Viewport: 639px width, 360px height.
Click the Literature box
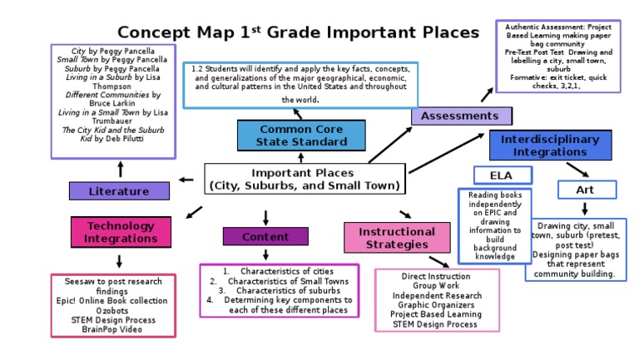pyautogui.click(x=119, y=191)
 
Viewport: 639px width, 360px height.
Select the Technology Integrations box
pyautogui.click(x=121, y=232)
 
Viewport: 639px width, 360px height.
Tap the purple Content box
pyautogui.click(x=265, y=237)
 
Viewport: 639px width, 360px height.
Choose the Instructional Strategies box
pyautogui.click(x=396, y=238)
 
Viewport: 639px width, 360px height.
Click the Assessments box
pyautogui.click(x=460, y=116)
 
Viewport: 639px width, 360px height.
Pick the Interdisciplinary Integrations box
pyautogui.click(x=555, y=145)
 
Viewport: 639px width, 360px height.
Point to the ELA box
pyautogui.click(x=502, y=175)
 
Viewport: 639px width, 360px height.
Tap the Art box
pyautogui.click(x=586, y=190)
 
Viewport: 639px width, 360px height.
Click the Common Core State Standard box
pyautogui.click(x=301, y=136)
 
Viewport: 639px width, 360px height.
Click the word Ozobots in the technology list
pyautogui.click(x=112, y=311)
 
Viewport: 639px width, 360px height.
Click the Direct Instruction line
pyautogui.click(x=437, y=276)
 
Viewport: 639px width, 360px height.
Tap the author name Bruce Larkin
pyautogui.click(x=113, y=105)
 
